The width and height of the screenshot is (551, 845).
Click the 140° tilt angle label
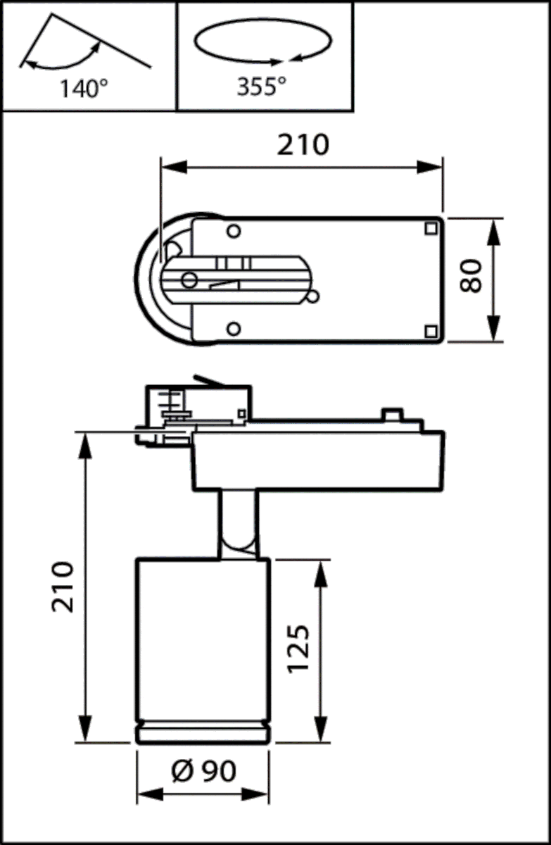click(x=84, y=89)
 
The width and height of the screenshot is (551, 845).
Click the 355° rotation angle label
click(x=261, y=87)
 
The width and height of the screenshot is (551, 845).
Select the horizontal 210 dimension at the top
click(x=302, y=144)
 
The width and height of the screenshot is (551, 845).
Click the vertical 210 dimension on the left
click(x=63, y=587)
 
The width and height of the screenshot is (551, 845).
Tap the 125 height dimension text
click(x=299, y=649)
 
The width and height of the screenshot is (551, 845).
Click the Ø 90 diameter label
click(x=203, y=771)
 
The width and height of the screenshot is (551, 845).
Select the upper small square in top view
click(x=430, y=228)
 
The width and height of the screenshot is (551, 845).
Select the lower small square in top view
click(x=430, y=330)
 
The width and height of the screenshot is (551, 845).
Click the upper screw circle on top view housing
click(x=234, y=230)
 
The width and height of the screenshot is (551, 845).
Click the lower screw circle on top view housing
click(x=234, y=327)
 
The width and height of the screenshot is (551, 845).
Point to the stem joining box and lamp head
click(x=238, y=525)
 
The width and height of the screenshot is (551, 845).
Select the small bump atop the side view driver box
click(x=391, y=415)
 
